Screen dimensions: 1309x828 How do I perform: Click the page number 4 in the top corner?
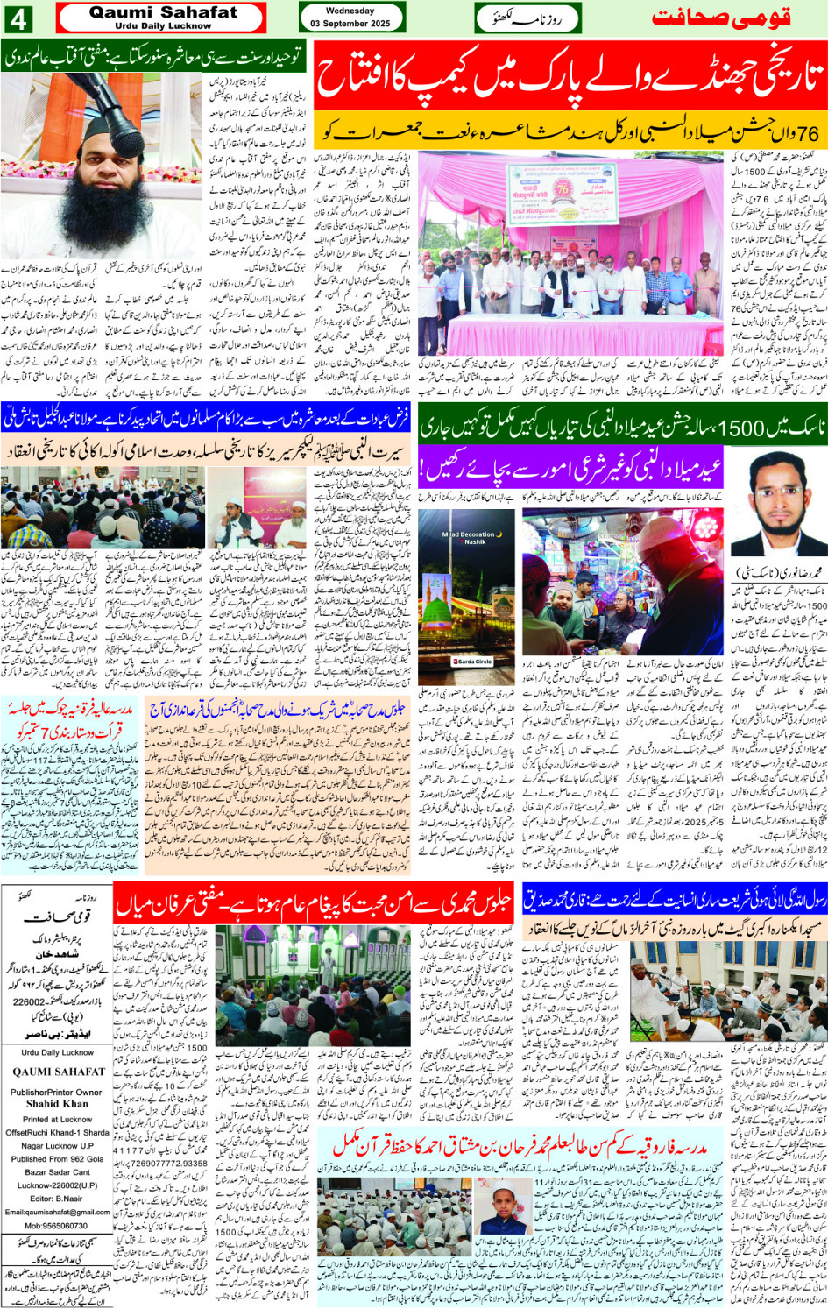[20, 18]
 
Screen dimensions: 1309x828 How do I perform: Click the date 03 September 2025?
[349, 24]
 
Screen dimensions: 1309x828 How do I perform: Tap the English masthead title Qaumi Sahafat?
[163, 12]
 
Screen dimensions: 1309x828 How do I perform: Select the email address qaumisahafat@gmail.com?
[57, 1213]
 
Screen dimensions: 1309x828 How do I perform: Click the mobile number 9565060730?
[56, 1226]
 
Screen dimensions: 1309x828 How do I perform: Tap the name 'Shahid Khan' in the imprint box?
[57, 1104]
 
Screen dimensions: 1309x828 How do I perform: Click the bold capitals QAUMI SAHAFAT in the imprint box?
[57, 1072]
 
